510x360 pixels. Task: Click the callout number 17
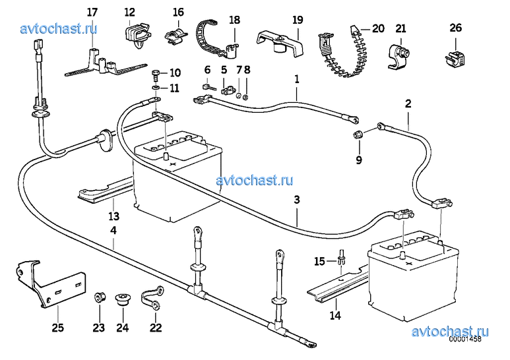click(92, 12)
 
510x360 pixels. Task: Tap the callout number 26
click(456, 28)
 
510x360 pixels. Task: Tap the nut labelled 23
click(98, 298)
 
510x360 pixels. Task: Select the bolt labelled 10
click(154, 73)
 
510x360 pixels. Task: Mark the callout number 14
click(335, 315)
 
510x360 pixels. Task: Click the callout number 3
click(297, 199)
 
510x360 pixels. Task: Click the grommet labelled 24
click(122, 299)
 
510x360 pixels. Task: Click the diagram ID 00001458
click(466, 341)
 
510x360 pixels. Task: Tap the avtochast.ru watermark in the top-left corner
click(59, 28)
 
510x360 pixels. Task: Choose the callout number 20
click(377, 28)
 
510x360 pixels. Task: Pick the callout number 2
click(408, 104)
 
